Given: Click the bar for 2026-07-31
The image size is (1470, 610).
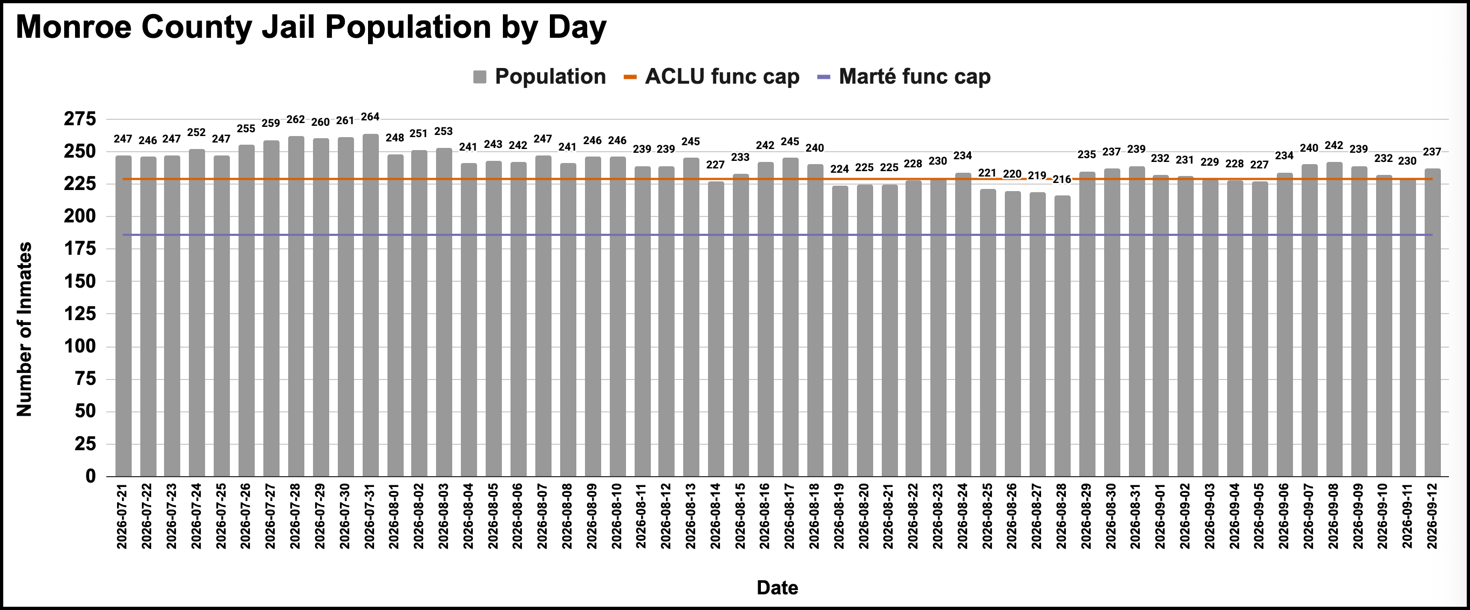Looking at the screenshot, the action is [370, 306].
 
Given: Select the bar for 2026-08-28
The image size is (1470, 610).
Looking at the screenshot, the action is [1062, 336].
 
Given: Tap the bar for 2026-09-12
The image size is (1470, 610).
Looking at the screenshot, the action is [1432, 322].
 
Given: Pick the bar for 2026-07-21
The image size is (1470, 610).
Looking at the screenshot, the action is [123, 316].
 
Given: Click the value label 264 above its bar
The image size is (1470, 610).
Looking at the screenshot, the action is [370, 117].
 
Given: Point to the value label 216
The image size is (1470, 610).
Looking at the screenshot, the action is [1062, 180].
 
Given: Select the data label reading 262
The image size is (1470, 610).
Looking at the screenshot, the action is [296, 120].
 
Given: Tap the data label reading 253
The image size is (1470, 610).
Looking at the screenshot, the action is [444, 131].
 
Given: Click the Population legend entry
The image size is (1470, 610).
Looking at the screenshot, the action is [539, 77].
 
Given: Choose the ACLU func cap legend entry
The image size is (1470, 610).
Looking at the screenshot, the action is [712, 77].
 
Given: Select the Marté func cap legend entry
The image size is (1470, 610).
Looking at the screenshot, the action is [904, 77].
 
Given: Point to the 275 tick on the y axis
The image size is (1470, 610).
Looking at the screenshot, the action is [80, 119].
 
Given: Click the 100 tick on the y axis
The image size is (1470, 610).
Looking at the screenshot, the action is [80, 347].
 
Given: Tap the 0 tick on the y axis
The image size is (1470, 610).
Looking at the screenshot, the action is [91, 476].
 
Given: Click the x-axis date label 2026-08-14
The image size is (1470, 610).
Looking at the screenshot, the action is [716, 516].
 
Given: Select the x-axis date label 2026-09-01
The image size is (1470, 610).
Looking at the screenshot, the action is [1160, 516].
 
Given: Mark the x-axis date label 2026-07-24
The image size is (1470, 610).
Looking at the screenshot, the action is [197, 516].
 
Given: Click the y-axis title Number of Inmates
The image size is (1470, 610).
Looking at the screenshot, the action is [24, 329].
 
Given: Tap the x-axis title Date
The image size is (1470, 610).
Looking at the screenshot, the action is [777, 588].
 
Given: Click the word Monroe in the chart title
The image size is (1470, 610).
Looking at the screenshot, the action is [74, 27].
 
